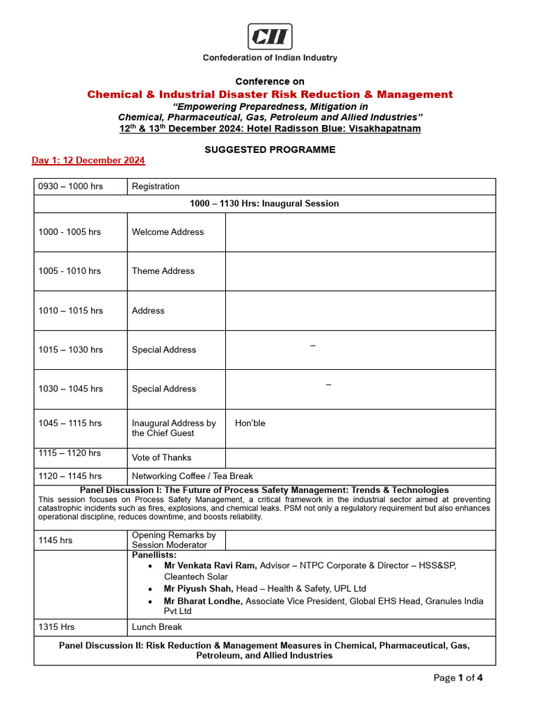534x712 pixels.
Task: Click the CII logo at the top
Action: (270, 36)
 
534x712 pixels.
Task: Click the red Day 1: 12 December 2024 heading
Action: (88, 161)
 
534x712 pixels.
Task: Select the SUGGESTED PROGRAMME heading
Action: (270, 149)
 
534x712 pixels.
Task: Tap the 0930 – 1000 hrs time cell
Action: (70, 186)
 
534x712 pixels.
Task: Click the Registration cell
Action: (156, 186)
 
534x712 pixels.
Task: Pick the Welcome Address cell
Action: (168, 232)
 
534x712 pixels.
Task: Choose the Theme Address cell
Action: (163, 271)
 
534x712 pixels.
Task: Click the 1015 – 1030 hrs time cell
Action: (70, 350)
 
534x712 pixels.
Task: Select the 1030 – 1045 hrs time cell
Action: (70, 389)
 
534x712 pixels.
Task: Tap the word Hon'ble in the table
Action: (250, 423)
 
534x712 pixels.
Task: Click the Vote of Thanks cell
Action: (161, 458)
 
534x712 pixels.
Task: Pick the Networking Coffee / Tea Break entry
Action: (193, 476)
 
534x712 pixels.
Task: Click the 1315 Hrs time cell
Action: (56, 627)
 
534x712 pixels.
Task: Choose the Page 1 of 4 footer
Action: (458, 678)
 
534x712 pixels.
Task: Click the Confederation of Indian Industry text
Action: (270, 58)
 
